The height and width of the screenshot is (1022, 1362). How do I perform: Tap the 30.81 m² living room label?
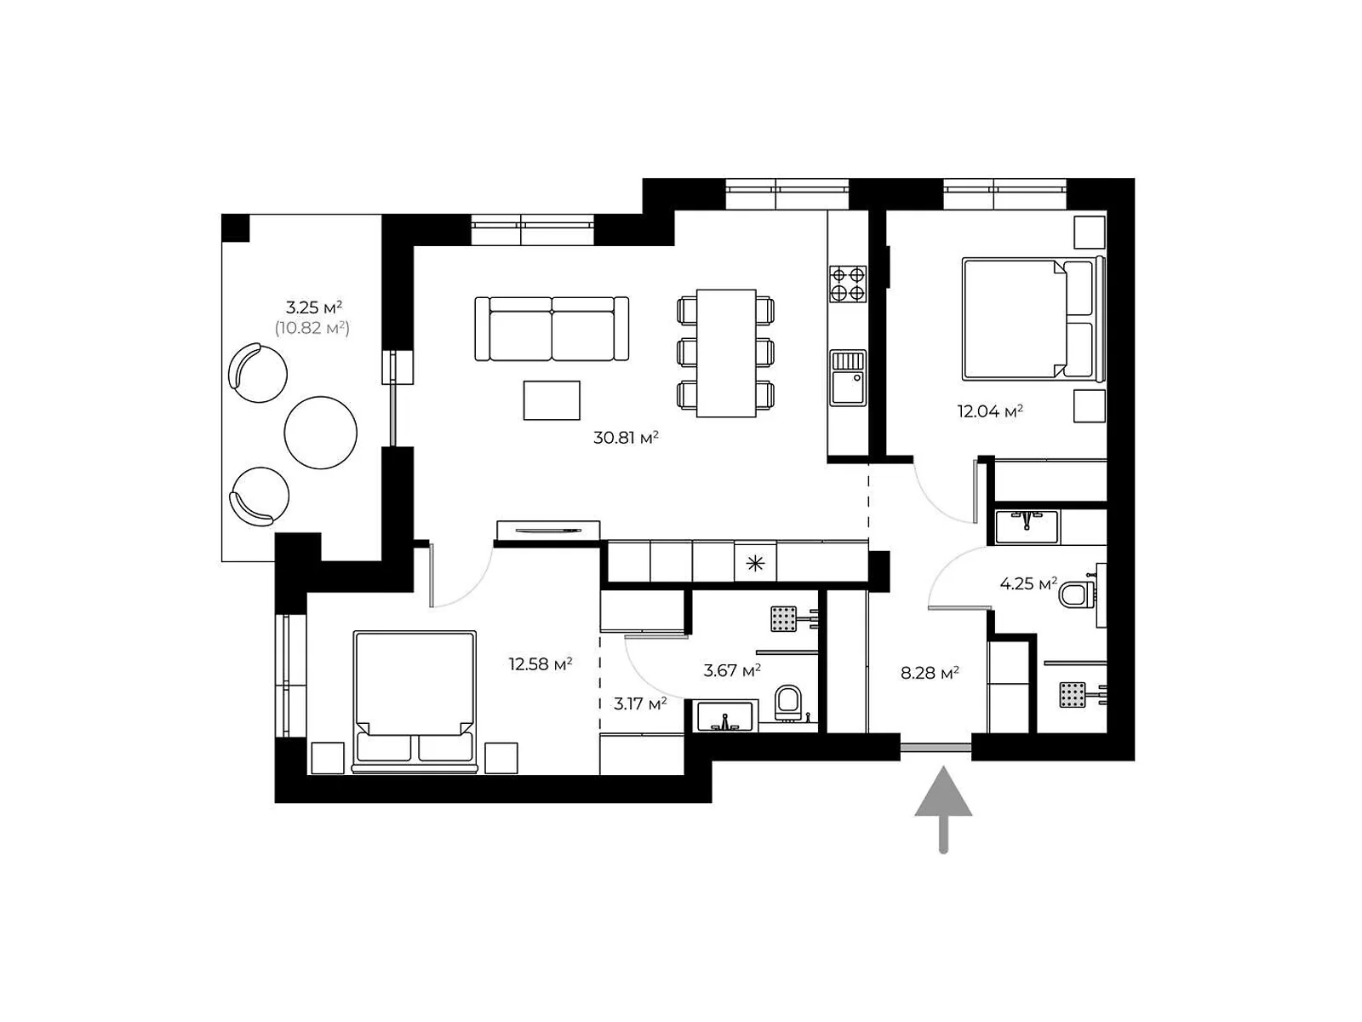pyautogui.click(x=626, y=439)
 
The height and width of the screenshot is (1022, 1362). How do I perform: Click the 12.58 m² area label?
pyautogui.click(x=540, y=663)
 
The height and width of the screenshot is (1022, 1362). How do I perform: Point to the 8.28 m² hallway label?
pyautogui.click(x=930, y=673)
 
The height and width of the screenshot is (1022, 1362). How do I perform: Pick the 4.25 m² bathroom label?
pyautogui.click(x=1027, y=584)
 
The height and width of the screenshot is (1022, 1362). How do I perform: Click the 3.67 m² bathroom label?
pyautogui.click(x=732, y=671)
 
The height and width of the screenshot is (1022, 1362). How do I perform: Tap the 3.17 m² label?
pyautogui.click(x=639, y=703)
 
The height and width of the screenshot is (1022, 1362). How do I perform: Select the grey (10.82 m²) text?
pyautogui.click(x=312, y=328)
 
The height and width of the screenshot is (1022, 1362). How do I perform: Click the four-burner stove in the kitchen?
pyautogui.click(x=848, y=284)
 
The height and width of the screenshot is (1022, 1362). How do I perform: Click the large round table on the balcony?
pyautogui.click(x=320, y=432)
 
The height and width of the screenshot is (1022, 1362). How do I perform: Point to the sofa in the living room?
pyautogui.click(x=552, y=329)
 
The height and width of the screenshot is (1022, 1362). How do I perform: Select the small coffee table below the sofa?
pyautogui.click(x=552, y=400)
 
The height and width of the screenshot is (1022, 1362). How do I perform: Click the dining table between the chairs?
pyautogui.click(x=726, y=353)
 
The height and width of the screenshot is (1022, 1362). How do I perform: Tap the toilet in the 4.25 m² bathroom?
pyautogui.click(x=1076, y=594)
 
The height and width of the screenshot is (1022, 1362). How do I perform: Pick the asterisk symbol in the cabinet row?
pyautogui.click(x=755, y=563)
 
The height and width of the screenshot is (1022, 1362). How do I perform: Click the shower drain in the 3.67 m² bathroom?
pyautogui.click(x=783, y=618)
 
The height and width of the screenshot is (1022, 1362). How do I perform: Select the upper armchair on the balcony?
pyautogui.click(x=257, y=372)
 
